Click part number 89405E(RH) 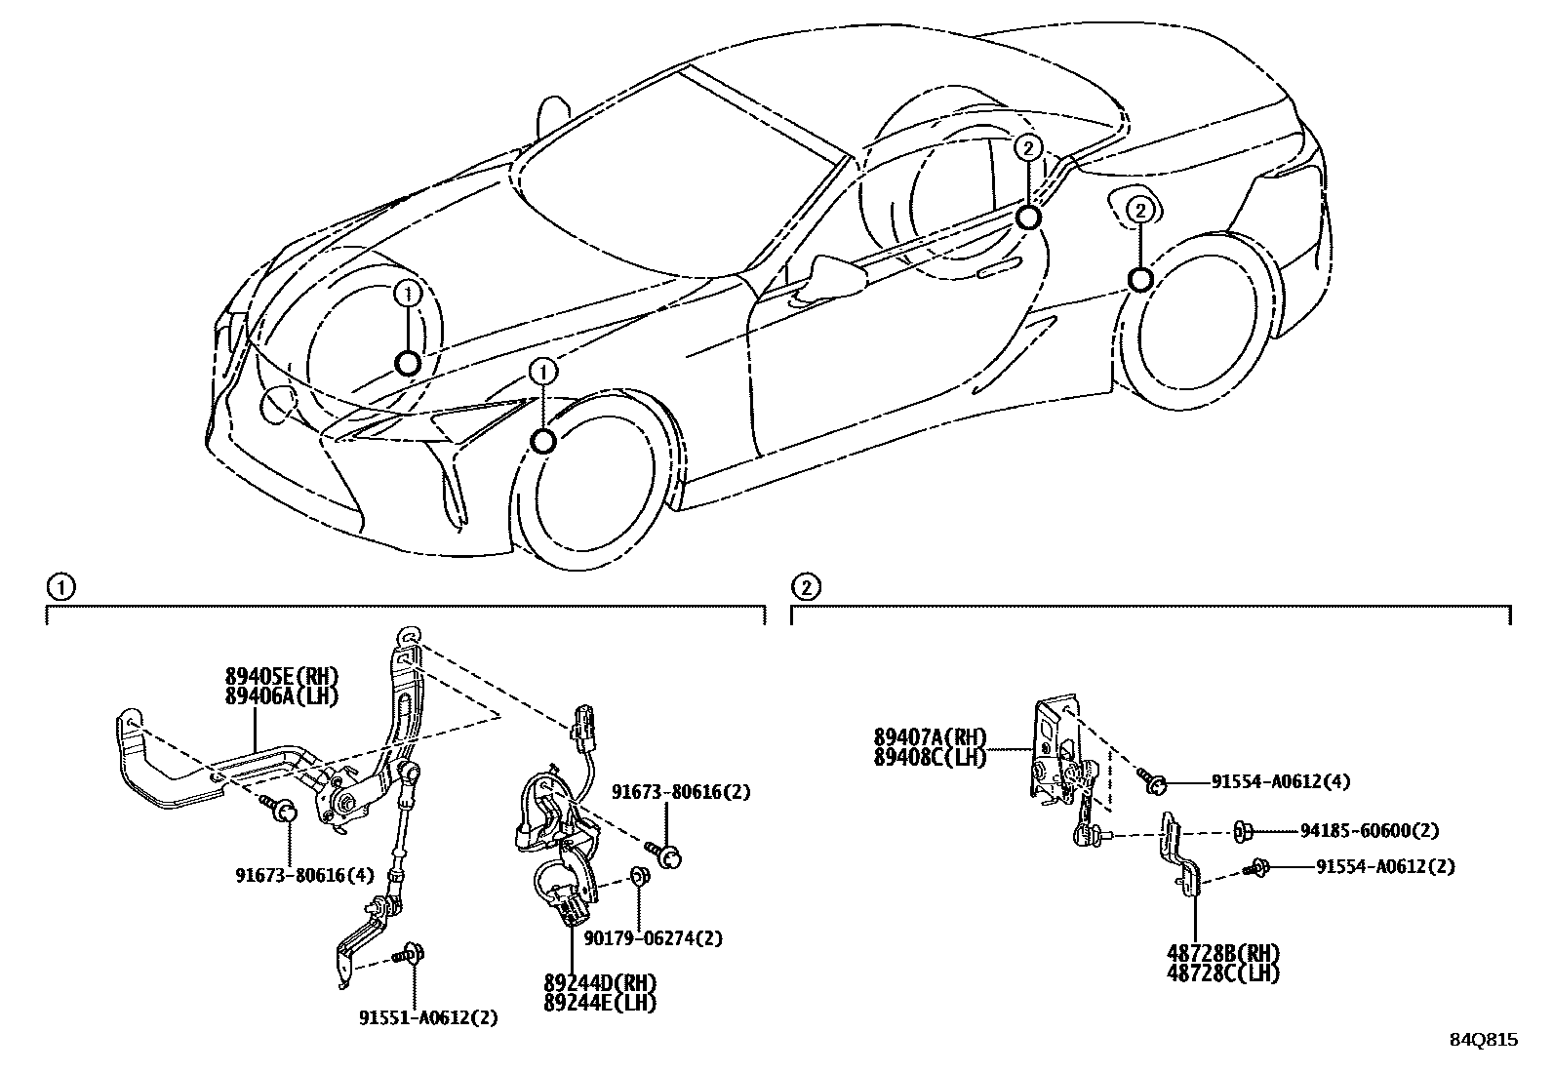pos(279,675)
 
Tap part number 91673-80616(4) pos(304,875)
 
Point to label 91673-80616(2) pos(682,792)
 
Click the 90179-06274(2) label pos(655,938)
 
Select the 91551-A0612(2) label pos(427,1017)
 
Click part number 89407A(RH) pos(931,737)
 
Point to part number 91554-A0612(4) pos(1281,781)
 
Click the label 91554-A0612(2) pos(1385,866)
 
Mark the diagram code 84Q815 pos(1483,1040)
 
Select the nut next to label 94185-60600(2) pos(1242,831)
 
